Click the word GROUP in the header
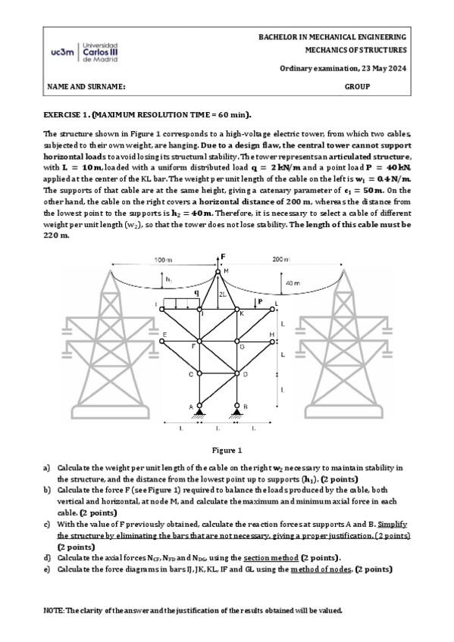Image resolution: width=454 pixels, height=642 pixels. coord(357,87)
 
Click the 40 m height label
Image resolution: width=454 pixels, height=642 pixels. coord(292,283)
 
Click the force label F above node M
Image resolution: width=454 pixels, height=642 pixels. coord(222,257)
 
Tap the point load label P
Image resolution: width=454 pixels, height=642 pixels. coord(260,301)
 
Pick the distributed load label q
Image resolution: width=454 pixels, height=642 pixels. coord(196,291)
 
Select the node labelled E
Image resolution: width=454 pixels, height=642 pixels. coord(163,334)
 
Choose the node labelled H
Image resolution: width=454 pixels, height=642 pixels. coord(271,334)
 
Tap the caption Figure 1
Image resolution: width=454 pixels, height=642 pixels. coord(227,450)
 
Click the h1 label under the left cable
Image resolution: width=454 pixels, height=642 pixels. coord(168,279)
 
